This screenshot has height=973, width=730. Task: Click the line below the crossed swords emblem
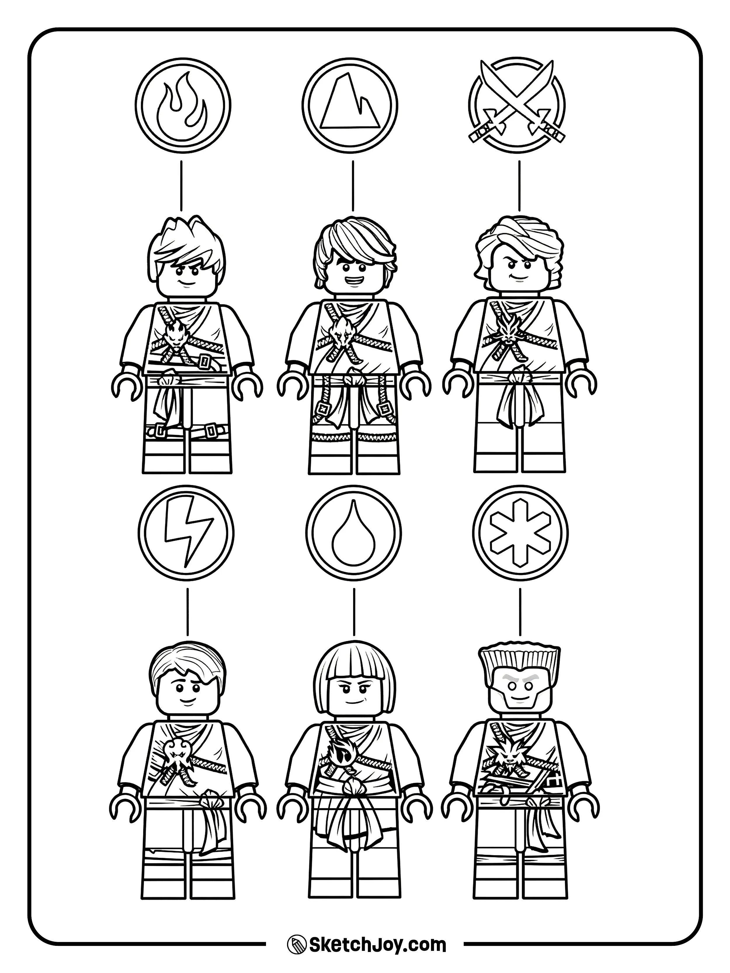519,185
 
